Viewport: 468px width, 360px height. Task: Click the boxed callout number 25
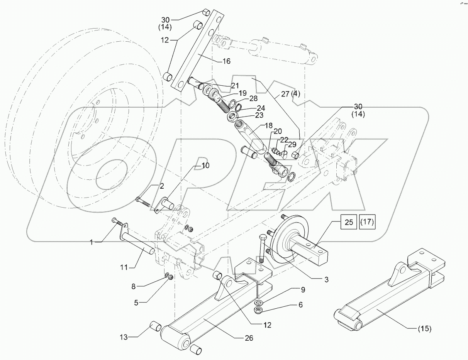349,223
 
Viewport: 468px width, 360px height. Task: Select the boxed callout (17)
367,223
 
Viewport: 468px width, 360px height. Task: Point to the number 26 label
249,338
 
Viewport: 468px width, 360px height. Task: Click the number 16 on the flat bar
226,61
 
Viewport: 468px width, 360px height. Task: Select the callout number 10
205,166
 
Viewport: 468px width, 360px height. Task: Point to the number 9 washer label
303,289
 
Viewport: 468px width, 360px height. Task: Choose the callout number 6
300,305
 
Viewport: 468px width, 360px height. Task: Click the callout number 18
268,126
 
